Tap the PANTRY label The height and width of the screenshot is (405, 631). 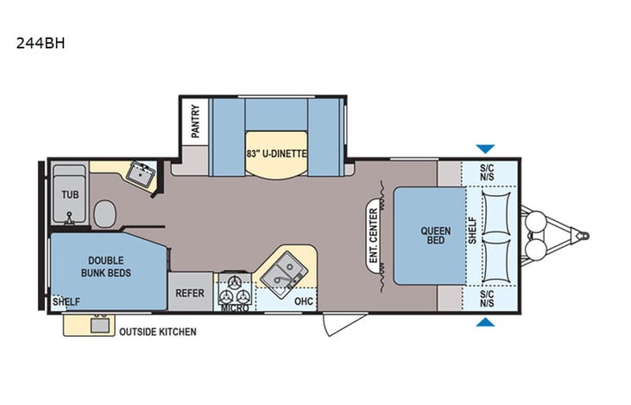[195, 121]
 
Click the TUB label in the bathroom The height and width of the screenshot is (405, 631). [69, 194]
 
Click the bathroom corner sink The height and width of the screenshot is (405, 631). [137, 174]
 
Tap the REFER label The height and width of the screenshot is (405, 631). [189, 294]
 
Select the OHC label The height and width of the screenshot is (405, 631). [302, 301]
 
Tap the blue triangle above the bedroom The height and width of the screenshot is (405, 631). [486, 149]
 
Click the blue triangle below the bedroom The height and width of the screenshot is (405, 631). [486, 323]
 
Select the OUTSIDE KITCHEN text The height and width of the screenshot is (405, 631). [157, 332]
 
